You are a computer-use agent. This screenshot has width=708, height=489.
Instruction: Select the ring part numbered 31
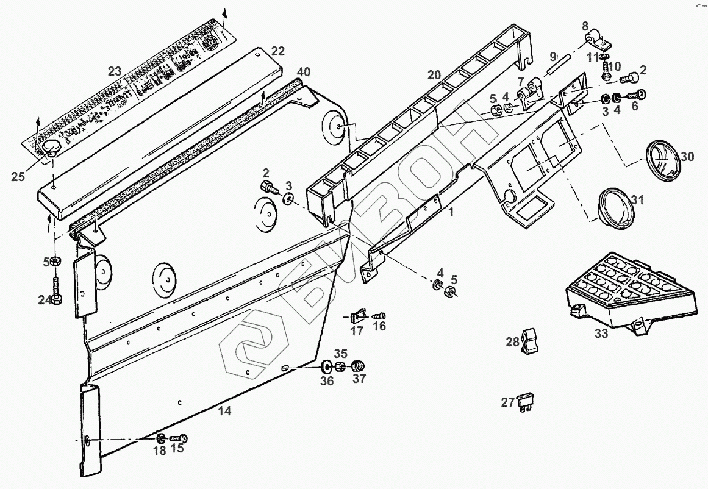(616, 208)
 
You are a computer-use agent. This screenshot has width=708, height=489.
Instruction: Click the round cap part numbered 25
(49, 148)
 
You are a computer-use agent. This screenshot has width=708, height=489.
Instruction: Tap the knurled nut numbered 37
(359, 366)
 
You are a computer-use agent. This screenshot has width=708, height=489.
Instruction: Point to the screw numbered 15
(178, 438)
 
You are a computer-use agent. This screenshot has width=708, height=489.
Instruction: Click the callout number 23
(115, 71)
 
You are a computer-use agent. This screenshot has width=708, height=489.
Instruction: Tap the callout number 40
(299, 71)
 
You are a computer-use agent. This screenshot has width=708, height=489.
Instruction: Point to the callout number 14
(225, 411)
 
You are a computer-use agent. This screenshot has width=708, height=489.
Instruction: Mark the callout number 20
(434, 74)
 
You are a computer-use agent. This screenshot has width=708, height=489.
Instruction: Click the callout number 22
(277, 51)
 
